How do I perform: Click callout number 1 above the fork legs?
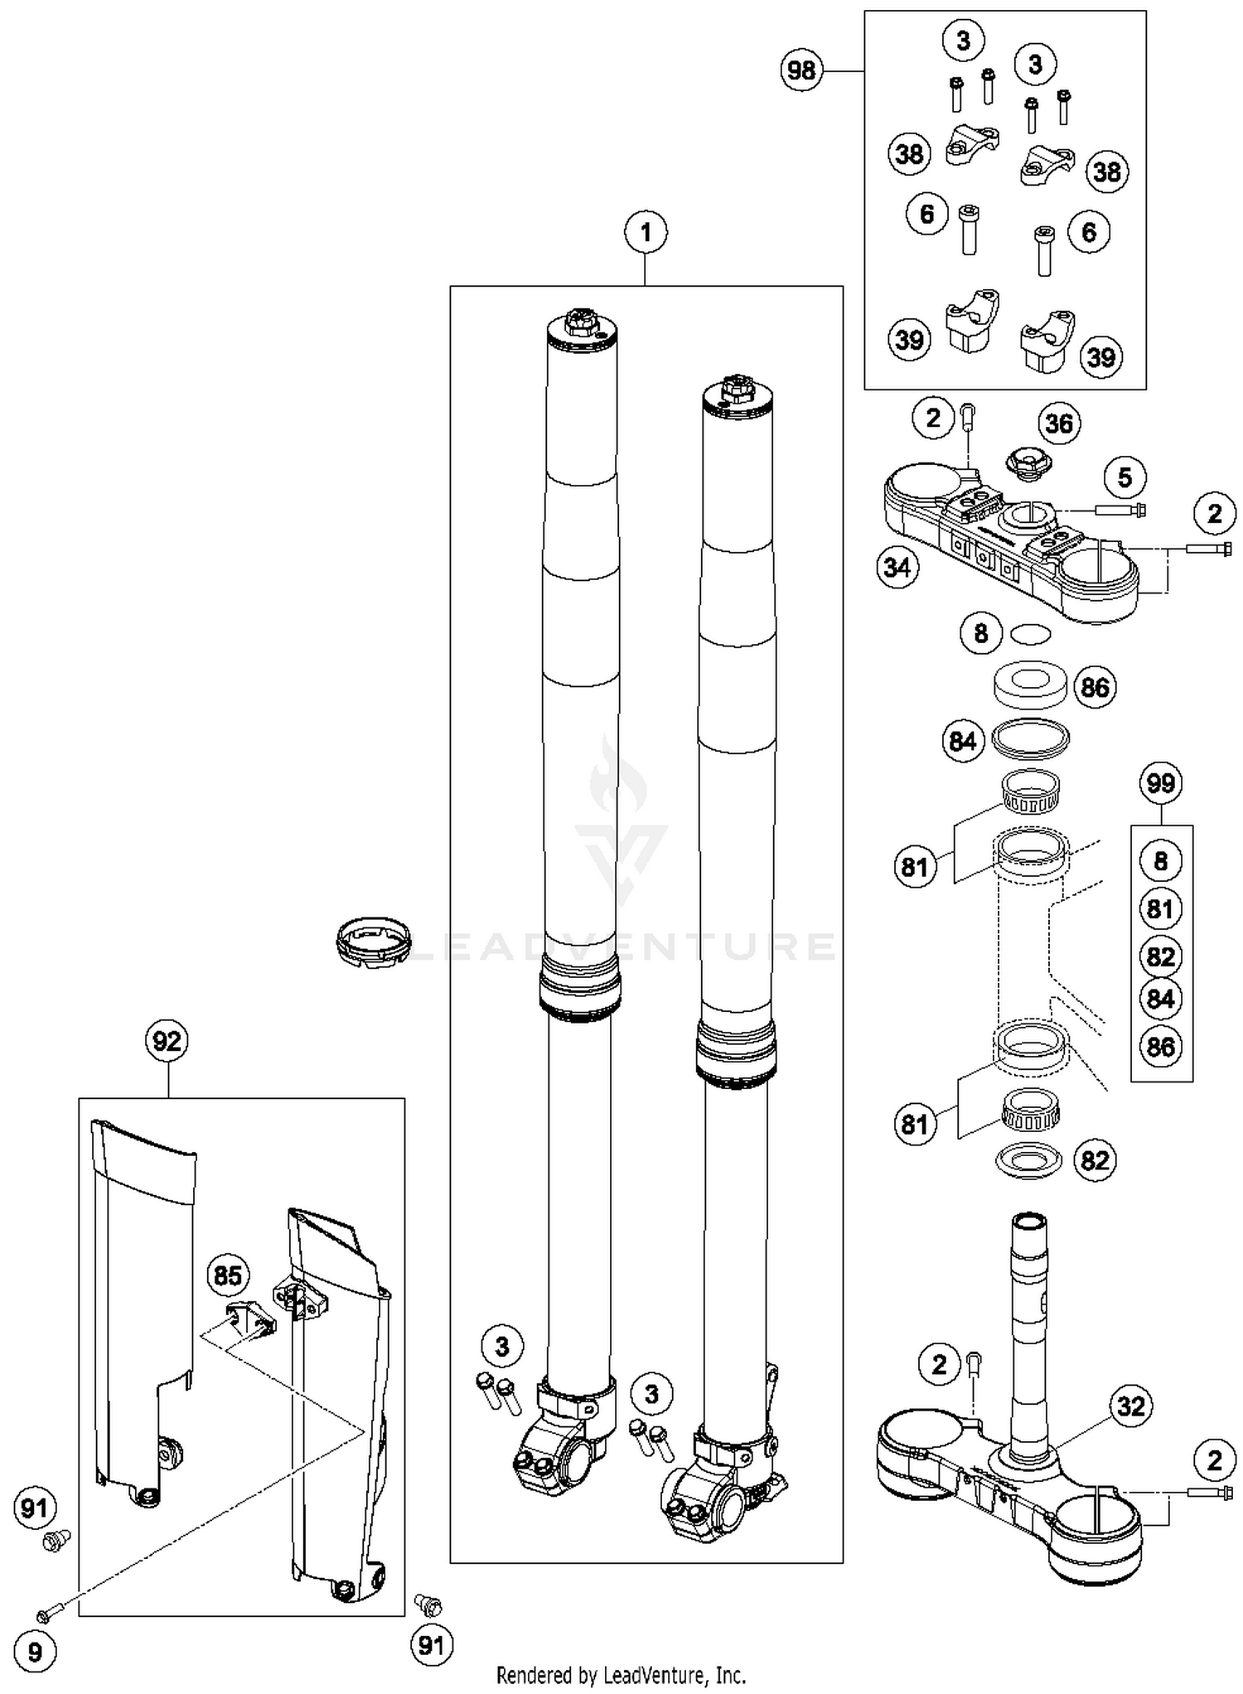(646, 233)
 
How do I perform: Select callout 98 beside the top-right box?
(801, 70)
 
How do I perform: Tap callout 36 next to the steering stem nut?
(1059, 423)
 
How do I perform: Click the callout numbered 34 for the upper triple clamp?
(897, 568)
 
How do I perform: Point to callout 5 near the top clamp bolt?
(1125, 477)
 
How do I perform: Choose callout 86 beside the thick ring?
(1095, 687)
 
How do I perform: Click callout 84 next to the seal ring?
(962, 741)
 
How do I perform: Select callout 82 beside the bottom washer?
(1095, 1159)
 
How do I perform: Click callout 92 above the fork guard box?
(167, 1040)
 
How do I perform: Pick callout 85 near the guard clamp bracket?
(227, 1275)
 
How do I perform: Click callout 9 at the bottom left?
(35, 1653)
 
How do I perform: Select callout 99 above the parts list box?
(1160, 782)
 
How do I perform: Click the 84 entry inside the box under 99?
(1160, 999)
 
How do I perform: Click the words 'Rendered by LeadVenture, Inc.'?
(621, 1675)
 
